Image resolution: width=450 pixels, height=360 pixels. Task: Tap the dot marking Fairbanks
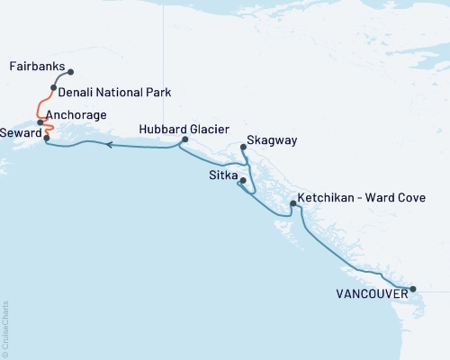tap(71, 73)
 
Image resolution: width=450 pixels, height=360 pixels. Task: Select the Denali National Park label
tap(114, 92)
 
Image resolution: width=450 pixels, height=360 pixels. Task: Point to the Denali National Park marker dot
tap(54, 88)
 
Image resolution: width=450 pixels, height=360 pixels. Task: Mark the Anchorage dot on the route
tap(40, 121)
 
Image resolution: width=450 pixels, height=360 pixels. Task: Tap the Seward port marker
tap(47, 138)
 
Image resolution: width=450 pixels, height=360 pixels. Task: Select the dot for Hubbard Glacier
tap(184, 139)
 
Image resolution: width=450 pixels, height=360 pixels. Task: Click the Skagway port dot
tap(245, 148)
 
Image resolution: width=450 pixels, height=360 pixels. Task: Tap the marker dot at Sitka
tap(242, 182)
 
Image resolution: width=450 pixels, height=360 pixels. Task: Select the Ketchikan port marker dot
tap(292, 204)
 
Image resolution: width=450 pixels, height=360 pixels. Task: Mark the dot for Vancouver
tap(412, 290)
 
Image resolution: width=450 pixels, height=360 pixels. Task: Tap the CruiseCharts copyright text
tap(5, 328)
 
